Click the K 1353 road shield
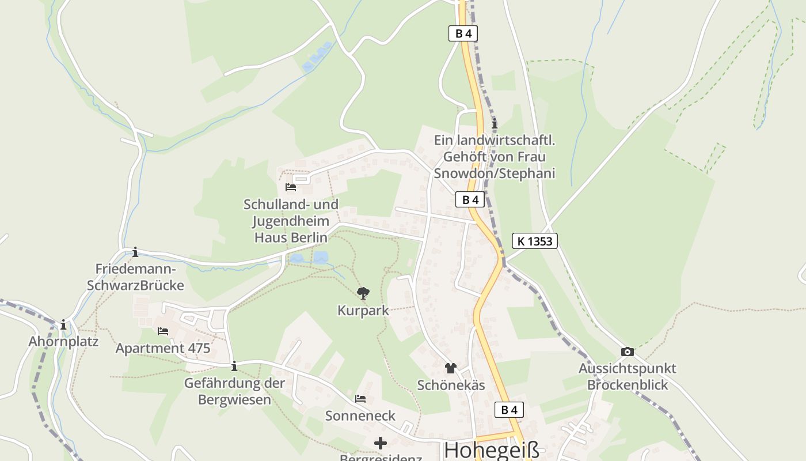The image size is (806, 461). [x=535, y=241]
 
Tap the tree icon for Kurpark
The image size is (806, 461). [x=363, y=294]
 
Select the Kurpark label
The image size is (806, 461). [x=363, y=311]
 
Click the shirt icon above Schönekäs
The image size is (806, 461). [x=450, y=368]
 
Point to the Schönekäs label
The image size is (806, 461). [x=451, y=386]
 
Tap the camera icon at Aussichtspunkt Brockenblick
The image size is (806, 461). [x=628, y=352]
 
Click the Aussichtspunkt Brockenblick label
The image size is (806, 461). [x=628, y=376]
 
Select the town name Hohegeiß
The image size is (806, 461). [x=492, y=450]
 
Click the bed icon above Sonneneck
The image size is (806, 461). [x=360, y=398]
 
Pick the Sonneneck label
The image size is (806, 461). [x=360, y=415]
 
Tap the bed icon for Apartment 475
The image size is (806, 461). [x=163, y=331]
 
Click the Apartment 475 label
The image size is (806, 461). [x=163, y=348]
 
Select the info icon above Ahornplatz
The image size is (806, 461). [x=63, y=325]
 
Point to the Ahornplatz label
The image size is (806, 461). [x=63, y=341]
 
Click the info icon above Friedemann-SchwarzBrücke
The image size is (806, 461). [x=135, y=252]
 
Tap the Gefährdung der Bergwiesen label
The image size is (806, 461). [x=234, y=391]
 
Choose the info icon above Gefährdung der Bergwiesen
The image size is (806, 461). [x=234, y=366]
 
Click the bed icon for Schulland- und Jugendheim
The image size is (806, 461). [x=291, y=187]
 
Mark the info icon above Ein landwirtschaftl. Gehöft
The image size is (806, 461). [x=494, y=123]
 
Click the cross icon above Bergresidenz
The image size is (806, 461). [x=381, y=443]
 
